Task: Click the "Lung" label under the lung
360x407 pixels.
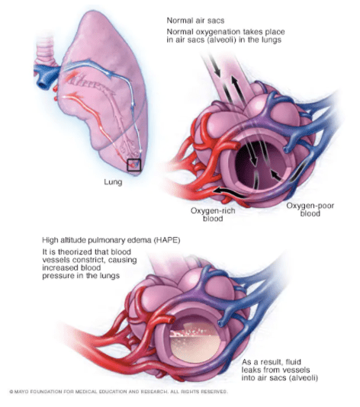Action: pyautogui.click(x=113, y=182)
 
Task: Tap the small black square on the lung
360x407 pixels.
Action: pyautogui.click(x=133, y=165)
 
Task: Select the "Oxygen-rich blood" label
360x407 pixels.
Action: pyautogui.click(x=213, y=214)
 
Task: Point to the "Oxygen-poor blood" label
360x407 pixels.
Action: pyautogui.click(x=310, y=210)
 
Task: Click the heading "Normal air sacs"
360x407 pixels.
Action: pyautogui.click(x=195, y=21)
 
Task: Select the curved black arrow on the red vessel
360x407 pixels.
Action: pyautogui.click(x=229, y=191)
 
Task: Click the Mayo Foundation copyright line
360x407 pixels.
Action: pyautogui.click(x=118, y=392)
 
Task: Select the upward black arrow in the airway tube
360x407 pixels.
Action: pyautogui.click(x=236, y=85)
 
